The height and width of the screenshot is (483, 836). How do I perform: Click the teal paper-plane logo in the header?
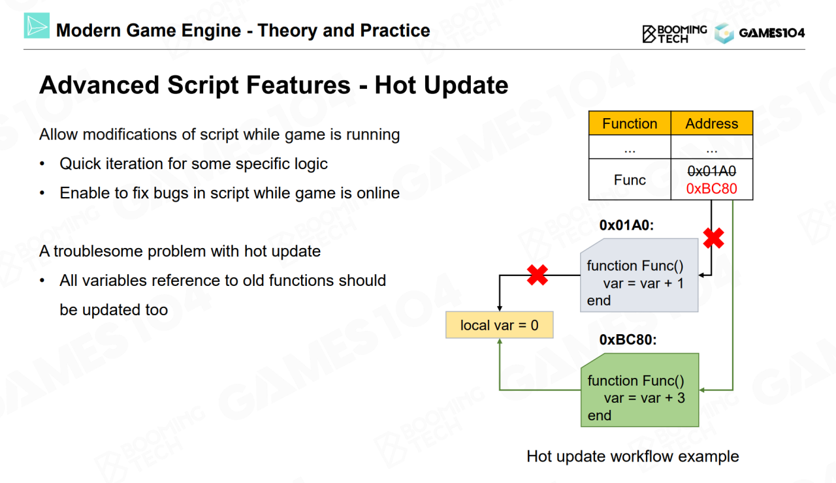tap(37, 25)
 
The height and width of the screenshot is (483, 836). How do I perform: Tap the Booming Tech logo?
tap(675, 34)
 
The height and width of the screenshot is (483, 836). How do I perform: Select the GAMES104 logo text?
tap(772, 33)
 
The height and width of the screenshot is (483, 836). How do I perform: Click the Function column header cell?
tap(630, 123)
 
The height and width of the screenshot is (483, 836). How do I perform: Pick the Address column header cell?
tap(712, 123)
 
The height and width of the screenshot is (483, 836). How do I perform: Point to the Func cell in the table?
tap(630, 179)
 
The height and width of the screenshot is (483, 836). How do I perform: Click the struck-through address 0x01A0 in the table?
tap(712, 171)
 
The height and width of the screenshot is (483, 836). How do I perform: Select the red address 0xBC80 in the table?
tap(712, 189)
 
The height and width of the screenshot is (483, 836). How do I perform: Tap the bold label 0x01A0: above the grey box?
tap(626, 225)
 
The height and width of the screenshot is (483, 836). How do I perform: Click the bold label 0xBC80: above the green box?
tap(628, 340)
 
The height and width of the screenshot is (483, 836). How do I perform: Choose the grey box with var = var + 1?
tap(639, 275)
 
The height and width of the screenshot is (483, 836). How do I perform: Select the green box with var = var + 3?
tap(639, 390)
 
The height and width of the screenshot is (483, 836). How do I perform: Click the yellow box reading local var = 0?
tap(500, 325)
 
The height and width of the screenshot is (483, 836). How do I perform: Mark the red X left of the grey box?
tap(538, 275)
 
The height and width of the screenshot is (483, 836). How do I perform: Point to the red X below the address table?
tap(714, 238)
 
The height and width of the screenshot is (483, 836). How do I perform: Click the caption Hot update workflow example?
tap(633, 456)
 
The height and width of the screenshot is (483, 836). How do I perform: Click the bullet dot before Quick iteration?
tap(42, 164)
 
